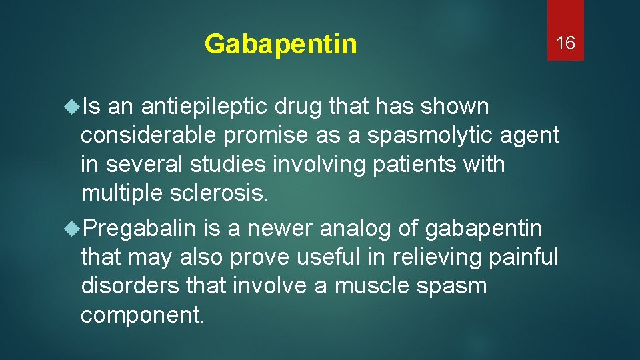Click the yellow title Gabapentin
pos(281,45)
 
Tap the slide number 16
pos(565,44)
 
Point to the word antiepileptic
pos(191,106)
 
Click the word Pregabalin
pos(140,229)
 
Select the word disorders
pos(130,285)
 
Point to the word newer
pos(278,229)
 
